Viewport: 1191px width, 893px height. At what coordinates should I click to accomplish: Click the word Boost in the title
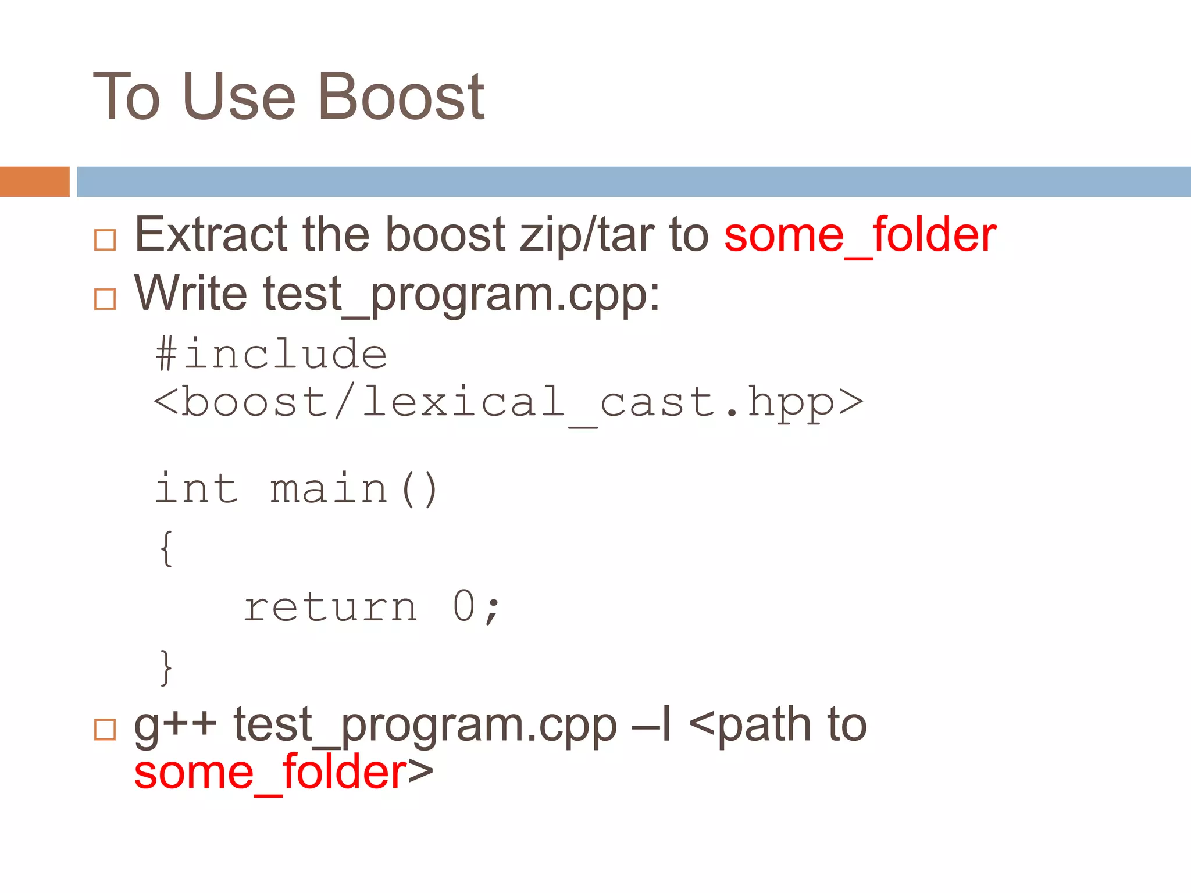(x=401, y=97)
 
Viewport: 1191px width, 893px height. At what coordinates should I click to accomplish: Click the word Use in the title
(x=239, y=97)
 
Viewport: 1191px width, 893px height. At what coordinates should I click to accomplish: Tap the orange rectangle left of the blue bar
(x=34, y=181)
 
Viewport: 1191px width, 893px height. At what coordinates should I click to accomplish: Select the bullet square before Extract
(x=105, y=240)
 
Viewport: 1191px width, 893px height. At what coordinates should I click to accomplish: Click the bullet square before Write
(x=105, y=299)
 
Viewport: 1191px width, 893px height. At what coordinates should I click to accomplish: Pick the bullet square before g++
(x=105, y=729)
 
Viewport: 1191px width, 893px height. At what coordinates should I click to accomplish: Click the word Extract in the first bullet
(x=211, y=234)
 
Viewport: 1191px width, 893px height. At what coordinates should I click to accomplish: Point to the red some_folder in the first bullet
(x=860, y=235)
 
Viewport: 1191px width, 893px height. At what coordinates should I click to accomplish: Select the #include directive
(x=271, y=354)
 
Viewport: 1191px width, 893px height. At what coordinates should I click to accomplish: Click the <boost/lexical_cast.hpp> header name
(x=508, y=402)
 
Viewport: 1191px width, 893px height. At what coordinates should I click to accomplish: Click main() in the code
(x=354, y=488)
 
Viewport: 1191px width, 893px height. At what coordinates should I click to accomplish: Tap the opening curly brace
(x=166, y=548)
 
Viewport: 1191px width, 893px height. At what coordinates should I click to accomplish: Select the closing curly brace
(x=166, y=667)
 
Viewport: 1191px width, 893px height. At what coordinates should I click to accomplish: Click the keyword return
(x=330, y=608)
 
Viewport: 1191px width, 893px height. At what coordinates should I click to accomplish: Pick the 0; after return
(x=476, y=608)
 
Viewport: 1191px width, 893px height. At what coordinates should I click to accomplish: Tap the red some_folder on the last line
(x=270, y=773)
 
